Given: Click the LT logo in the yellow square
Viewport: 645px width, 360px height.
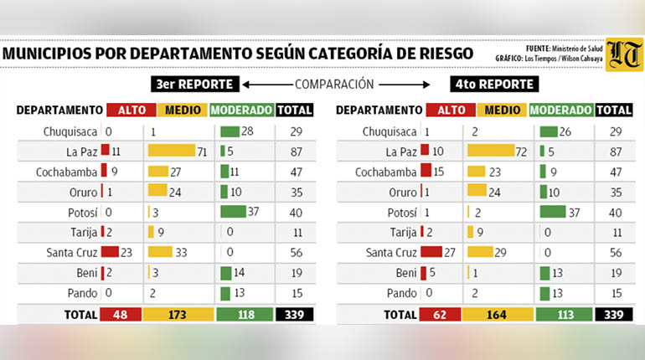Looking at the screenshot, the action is tap(624, 54).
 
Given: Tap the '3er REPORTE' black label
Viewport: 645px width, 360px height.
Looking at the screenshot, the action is tap(194, 85).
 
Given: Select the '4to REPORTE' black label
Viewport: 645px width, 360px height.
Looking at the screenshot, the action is tap(494, 85).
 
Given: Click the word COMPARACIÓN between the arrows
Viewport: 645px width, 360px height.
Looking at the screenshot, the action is tap(334, 85).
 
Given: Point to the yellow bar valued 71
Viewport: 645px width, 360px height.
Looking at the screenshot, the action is tap(172, 150).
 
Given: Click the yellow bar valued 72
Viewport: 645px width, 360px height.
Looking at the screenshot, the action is tap(491, 150).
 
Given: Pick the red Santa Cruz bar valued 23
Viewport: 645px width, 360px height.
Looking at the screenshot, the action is tap(110, 251).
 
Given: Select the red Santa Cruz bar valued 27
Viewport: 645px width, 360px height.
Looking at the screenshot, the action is tap(431, 251).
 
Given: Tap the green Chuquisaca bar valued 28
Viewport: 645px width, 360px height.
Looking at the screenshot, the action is tap(230, 131).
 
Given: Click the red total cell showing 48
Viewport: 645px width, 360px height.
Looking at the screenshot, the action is tap(121, 315).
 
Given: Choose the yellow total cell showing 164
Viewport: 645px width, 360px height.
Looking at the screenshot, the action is tap(497, 315).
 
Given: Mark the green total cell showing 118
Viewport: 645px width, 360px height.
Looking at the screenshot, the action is tap(245, 315).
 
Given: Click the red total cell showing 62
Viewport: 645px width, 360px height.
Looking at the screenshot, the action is tap(440, 315).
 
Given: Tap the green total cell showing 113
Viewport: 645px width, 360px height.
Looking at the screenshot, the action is tap(565, 315).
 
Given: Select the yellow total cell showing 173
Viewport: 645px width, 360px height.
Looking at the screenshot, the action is tap(178, 315).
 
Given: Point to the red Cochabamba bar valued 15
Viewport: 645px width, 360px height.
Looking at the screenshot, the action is tap(426, 170).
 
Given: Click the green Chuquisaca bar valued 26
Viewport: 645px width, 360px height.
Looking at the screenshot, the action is tap(549, 131).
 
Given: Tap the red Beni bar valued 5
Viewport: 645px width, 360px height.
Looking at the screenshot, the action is tap(423, 273).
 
